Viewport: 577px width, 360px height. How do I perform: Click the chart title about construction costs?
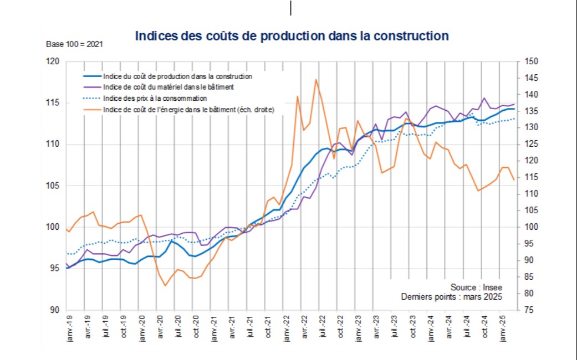pos(292,36)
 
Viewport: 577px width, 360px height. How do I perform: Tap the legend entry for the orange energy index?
pos(188,109)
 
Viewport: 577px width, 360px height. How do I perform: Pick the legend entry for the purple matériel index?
pos(168,87)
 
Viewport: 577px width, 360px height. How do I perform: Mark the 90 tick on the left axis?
pos(55,310)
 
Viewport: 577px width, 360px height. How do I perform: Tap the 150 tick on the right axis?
pos(524,62)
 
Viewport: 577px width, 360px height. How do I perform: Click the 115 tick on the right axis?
pos(524,177)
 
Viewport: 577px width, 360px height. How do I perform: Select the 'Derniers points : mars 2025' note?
pos(452,297)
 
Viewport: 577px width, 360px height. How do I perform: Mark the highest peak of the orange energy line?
pos(316,79)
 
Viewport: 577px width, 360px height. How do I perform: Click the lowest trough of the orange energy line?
pos(165,286)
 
